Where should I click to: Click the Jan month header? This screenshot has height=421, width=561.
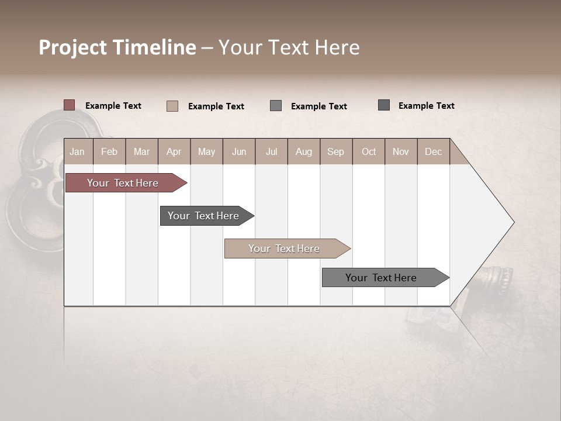point(78,151)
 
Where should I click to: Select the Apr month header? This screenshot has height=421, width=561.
point(174,151)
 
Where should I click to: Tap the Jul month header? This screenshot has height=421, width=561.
point(271,151)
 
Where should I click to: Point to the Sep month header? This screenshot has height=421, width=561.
point(335,151)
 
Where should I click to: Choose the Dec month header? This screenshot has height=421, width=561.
point(433,151)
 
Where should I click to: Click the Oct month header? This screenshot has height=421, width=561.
point(369,151)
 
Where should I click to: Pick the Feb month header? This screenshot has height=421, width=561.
point(109,151)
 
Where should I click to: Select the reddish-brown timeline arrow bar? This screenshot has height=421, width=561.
point(123,183)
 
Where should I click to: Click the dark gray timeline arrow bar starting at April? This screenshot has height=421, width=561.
point(203,216)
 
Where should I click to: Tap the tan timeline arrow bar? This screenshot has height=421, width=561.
point(284,249)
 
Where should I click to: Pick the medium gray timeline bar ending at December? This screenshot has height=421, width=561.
point(381,278)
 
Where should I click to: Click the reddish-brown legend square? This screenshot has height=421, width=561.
point(69,105)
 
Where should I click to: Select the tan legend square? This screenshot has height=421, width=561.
point(172,106)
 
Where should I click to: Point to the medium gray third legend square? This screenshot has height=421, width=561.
point(276,106)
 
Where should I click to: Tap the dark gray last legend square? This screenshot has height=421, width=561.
point(384,105)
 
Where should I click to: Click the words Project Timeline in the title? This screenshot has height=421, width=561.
point(117,47)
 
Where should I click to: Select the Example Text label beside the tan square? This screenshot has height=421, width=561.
point(216,106)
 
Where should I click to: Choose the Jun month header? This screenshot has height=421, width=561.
point(239,151)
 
